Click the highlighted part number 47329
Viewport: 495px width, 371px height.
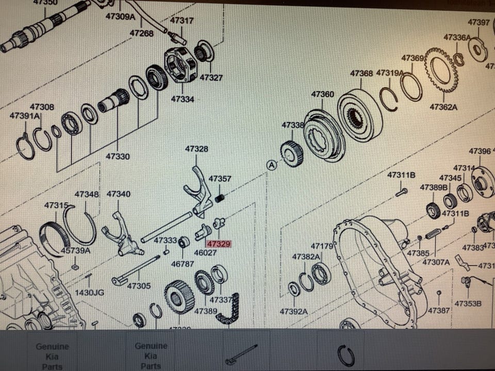pos(219,244)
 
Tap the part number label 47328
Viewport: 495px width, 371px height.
pos(196,149)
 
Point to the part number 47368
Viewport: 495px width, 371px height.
pos(361,73)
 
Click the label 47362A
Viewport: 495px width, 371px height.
pos(444,107)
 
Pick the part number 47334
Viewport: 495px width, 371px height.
pos(183,98)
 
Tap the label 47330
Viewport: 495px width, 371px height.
pos(118,156)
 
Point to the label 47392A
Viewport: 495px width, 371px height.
pos(293,311)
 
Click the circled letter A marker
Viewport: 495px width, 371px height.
pos(271,165)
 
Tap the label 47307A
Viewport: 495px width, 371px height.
pos(436,262)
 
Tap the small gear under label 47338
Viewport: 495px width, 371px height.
pos(291,154)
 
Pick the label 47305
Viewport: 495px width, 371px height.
pos(139,285)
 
